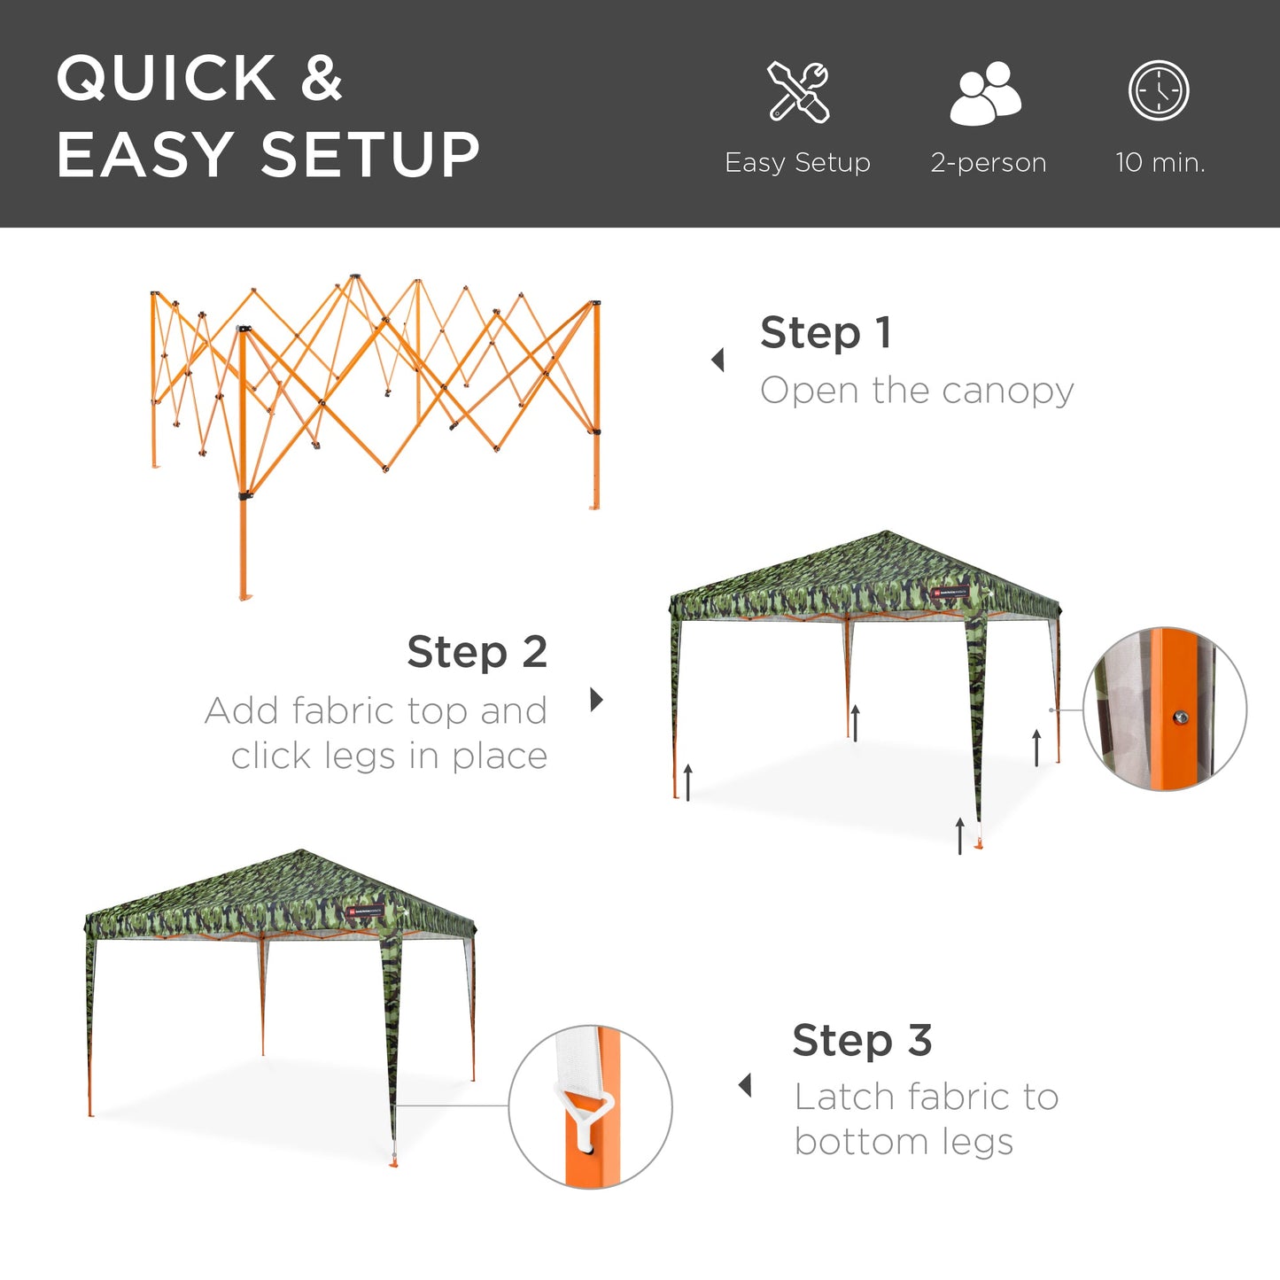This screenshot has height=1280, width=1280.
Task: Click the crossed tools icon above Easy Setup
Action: point(798,91)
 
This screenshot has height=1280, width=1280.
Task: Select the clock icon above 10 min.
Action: point(1159,90)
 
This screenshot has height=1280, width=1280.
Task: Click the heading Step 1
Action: point(826,333)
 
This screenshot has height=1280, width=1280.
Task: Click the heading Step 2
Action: point(477,652)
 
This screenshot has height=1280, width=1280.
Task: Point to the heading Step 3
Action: point(862,1040)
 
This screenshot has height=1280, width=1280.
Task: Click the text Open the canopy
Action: point(917,391)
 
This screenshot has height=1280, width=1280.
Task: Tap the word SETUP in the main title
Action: point(370,155)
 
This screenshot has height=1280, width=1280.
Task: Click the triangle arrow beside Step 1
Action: point(718,360)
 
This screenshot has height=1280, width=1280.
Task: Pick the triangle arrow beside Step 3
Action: point(746,1085)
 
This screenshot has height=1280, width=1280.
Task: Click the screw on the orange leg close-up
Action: point(1180,718)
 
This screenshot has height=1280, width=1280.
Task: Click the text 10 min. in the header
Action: point(1160,163)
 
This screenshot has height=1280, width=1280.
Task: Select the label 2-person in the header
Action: point(988,163)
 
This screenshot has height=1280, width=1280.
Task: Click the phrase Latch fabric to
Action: point(926,1097)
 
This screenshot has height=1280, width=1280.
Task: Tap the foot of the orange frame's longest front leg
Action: point(244,596)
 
